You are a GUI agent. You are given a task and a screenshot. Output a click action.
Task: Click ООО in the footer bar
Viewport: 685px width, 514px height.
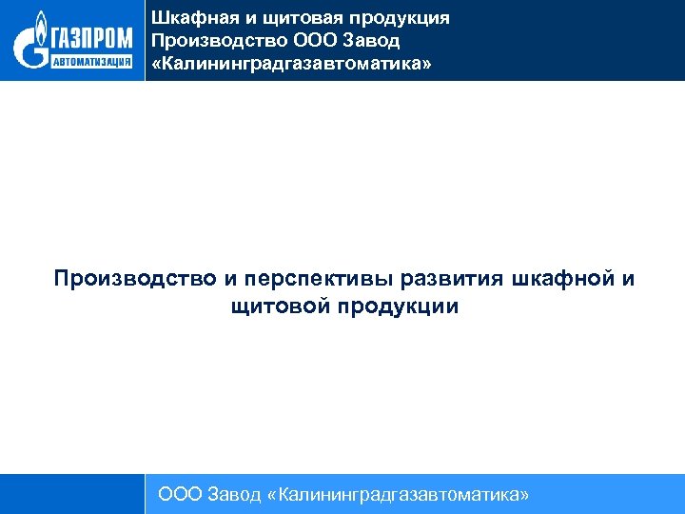[x=178, y=494]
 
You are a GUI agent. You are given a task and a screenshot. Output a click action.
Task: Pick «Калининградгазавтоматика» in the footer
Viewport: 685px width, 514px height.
[x=399, y=494]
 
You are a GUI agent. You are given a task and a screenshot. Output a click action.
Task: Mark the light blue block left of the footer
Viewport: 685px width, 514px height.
[x=72, y=494]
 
